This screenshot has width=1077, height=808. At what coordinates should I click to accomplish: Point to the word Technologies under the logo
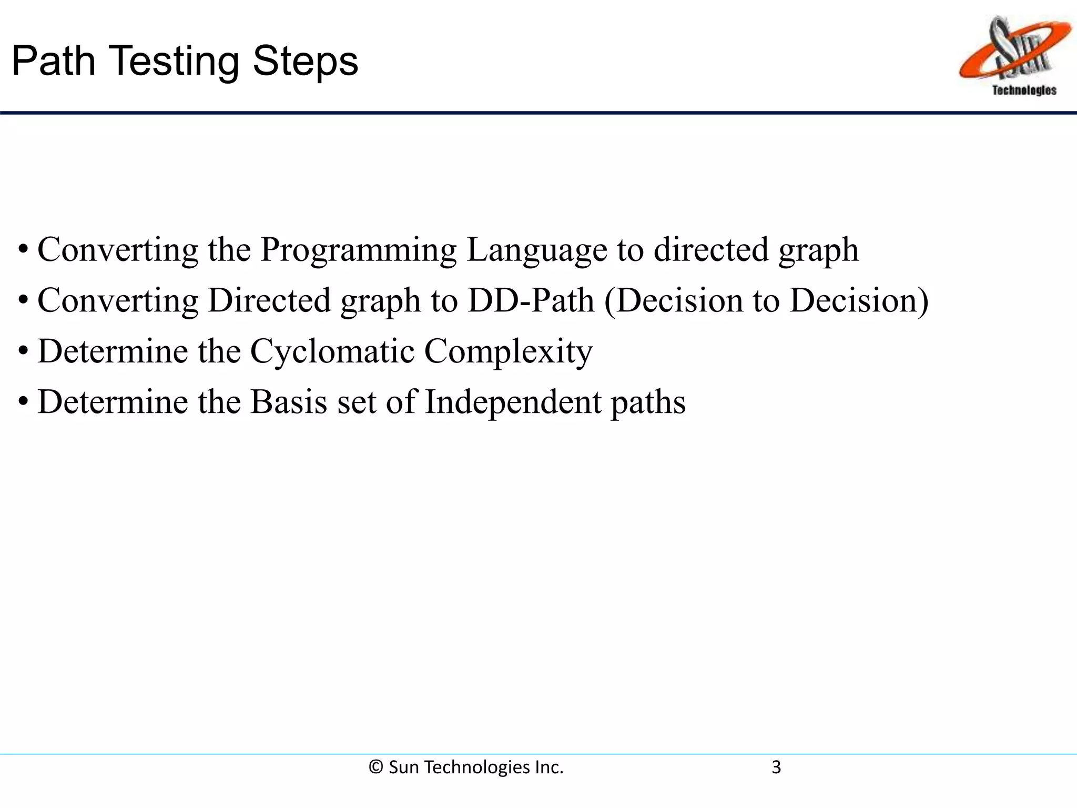(1024, 90)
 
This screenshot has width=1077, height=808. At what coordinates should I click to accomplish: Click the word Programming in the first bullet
(359, 250)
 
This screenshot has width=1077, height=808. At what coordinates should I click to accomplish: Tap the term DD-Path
(531, 300)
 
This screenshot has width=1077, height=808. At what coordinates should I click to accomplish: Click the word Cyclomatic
(332, 351)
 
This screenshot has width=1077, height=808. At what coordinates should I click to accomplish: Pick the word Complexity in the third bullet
(508, 352)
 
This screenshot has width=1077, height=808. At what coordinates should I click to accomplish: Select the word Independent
(512, 403)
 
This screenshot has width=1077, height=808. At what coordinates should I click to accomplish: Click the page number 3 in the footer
(776, 767)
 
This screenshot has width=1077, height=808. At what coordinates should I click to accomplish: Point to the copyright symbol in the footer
(375, 767)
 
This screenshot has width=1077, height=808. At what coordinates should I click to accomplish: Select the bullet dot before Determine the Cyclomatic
(23, 351)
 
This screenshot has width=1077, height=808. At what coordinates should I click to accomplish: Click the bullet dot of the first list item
(23, 249)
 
